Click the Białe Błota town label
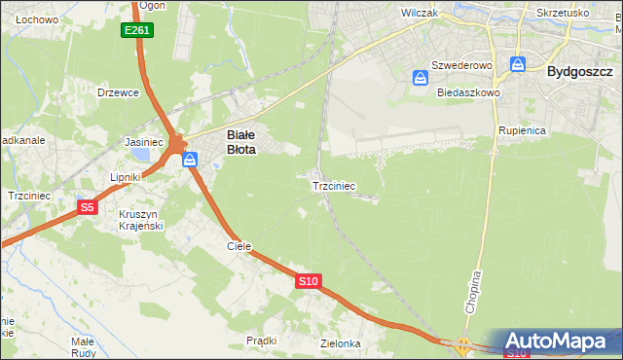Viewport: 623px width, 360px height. [241, 143]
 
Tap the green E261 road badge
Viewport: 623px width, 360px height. [137, 31]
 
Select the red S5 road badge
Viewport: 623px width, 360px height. [88, 207]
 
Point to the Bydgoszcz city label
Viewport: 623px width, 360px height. [579, 71]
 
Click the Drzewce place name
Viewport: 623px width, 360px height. [119, 92]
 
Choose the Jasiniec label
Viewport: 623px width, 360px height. [143, 141]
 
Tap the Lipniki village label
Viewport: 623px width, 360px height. [127, 177]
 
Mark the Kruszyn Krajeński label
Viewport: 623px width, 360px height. [140, 219]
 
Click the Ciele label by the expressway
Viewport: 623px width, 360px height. [239, 246]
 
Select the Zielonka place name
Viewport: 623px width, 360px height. [341, 343]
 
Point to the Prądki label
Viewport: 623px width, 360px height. [262, 341]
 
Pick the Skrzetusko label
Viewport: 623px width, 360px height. [563, 14]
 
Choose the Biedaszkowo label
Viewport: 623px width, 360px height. [468, 92]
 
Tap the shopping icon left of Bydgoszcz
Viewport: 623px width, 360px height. [518, 65]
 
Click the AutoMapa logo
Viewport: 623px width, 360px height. [563, 342]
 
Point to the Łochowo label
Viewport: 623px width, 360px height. [37, 19]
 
